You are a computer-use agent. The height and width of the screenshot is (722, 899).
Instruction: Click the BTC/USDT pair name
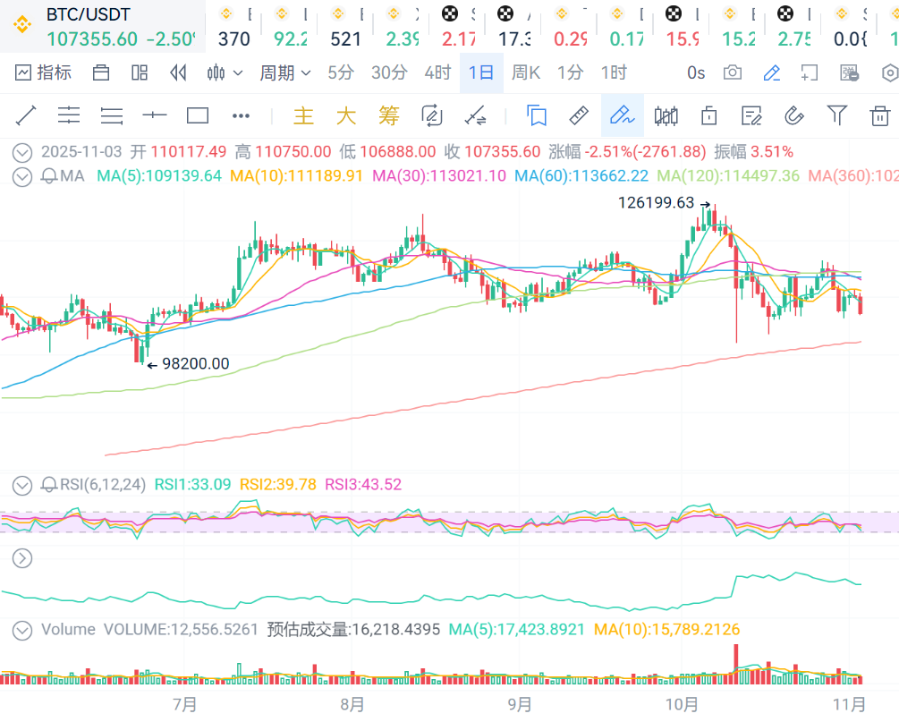(88, 14)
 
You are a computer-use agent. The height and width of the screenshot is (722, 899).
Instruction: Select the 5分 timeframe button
(340, 73)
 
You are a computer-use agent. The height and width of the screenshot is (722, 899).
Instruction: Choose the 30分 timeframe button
(389, 73)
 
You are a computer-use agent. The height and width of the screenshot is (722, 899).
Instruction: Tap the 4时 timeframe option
(437, 73)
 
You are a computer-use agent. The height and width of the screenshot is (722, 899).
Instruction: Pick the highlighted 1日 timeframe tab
(481, 73)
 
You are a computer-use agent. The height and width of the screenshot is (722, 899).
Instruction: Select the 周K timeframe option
(526, 73)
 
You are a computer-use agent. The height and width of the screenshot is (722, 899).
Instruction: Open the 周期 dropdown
(285, 73)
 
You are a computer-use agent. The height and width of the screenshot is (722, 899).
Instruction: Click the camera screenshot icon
(733, 73)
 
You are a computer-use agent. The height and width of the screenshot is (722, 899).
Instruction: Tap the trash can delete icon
(880, 115)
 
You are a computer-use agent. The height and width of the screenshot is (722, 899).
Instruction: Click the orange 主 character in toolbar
(304, 115)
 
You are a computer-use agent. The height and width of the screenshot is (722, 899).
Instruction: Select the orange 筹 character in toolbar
(388, 115)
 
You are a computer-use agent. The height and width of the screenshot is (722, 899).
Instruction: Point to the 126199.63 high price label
(656, 203)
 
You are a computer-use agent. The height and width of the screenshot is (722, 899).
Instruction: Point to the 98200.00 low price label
(195, 364)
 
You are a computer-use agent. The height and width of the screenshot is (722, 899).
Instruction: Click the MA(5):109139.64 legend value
(158, 176)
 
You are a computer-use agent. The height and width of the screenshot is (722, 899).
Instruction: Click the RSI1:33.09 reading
(192, 485)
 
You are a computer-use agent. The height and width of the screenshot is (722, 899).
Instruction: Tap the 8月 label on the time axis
(352, 705)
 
